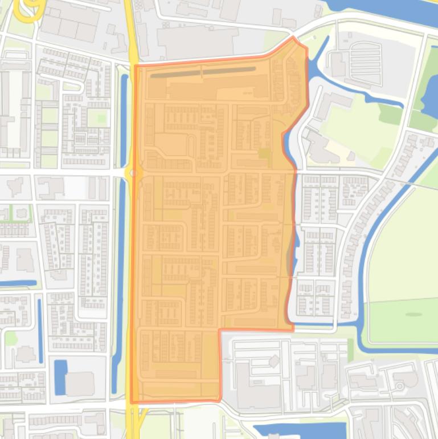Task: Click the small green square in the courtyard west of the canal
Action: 102,119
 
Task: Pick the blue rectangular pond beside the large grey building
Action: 60,377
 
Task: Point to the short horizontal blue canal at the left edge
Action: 17,283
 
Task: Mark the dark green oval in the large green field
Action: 414,314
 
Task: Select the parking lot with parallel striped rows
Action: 365,64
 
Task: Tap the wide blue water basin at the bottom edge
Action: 299,430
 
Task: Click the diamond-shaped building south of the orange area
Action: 274,361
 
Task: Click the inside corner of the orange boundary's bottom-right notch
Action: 220,330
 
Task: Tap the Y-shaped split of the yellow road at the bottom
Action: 136,412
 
